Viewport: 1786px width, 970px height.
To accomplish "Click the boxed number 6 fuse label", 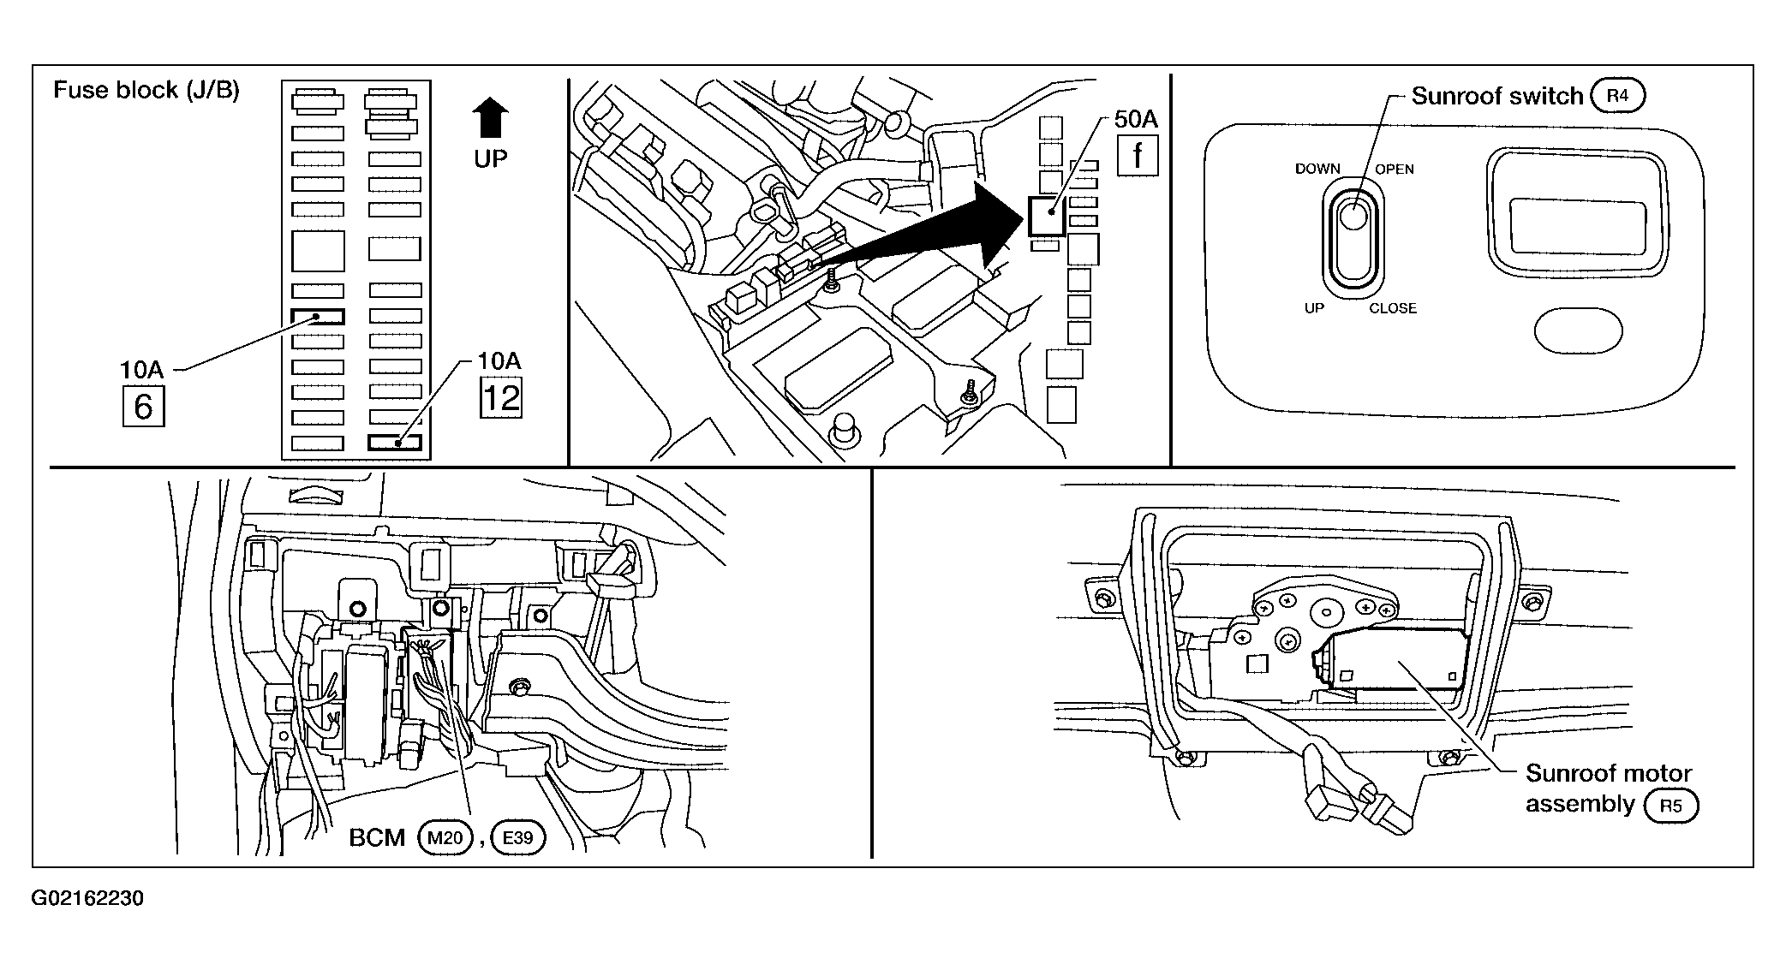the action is pyautogui.click(x=143, y=406).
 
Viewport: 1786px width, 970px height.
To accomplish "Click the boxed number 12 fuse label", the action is pyautogui.click(x=501, y=397).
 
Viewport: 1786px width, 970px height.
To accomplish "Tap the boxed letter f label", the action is pyautogui.click(x=1138, y=155).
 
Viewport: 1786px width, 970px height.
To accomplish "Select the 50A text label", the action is pyautogui.click(x=1136, y=119).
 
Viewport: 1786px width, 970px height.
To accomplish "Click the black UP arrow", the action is pyautogui.click(x=490, y=117).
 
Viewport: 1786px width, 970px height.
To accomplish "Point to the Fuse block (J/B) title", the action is pyautogui.click(x=146, y=90).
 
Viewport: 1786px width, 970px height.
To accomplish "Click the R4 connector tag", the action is pyautogui.click(x=1617, y=96).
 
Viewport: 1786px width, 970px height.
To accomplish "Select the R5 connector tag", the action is pyautogui.click(x=1670, y=806).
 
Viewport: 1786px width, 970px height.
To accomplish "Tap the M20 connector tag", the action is pyautogui.click(x=445, y=836).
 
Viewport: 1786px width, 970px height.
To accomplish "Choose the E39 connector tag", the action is pyautogui.click(x=518, y=836).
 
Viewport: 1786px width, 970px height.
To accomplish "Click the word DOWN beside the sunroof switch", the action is pyautogui.click(x=1317, y=169).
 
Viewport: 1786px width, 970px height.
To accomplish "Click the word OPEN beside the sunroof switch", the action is pyautogui.click(x=1395, y=169).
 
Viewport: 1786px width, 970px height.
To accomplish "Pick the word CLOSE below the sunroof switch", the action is pyautogui.click(x=1393, y=308).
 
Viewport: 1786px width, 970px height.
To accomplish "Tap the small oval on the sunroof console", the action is pyautogui.click(x=1578, y=330).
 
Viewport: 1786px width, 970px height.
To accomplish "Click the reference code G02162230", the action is pyautogui.click(x=87, y=899).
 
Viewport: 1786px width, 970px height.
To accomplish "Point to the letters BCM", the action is pyautogui.click(x=377, y=837).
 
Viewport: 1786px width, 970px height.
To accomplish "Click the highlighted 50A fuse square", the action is pyautogui.click(x=1046, y=215).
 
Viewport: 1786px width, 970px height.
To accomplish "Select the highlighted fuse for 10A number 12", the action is pyautogui.click(x=395, y=443).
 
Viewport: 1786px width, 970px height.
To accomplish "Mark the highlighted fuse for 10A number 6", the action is pyautogui.click(x=317, y=317).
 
